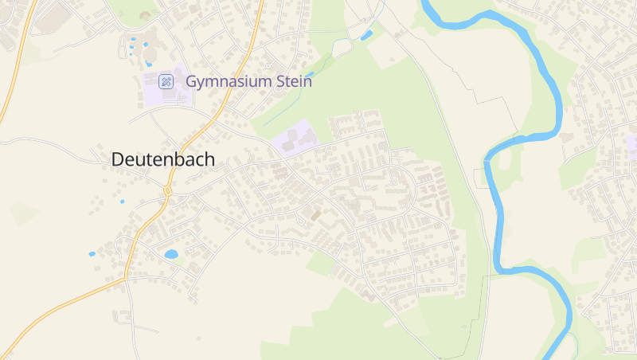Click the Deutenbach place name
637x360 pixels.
click(x=162, y=159)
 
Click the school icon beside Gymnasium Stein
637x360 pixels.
click(x=166, y=80)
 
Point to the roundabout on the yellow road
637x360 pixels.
click(x=167, y=191)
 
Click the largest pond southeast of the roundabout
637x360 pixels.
click(x=171, y=254)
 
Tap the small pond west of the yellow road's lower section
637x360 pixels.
click(x=92, y=254)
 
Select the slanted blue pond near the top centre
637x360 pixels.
click(x=366, y=35)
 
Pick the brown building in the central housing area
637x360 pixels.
click(x=316, y=214)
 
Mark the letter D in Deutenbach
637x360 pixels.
click(x=118, y=159)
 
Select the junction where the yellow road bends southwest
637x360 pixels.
click(x=127, y=278)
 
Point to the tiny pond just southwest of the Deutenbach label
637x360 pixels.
click(x=122, y=202)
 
